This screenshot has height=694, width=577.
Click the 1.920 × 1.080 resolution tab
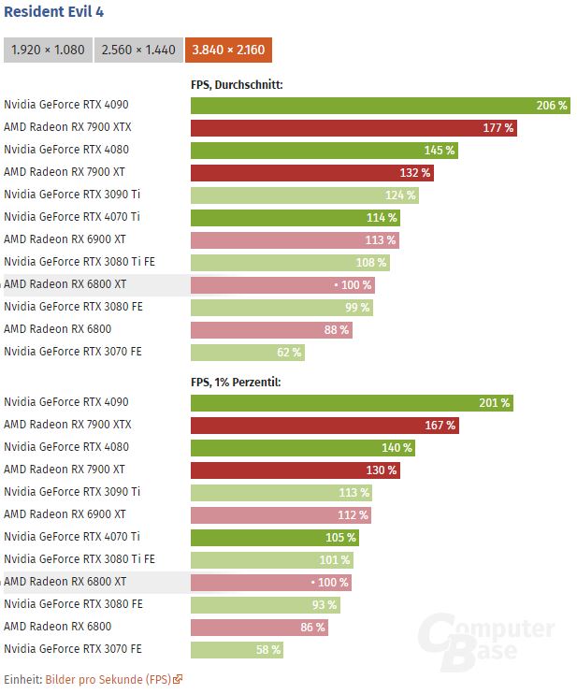(x=48, y=50)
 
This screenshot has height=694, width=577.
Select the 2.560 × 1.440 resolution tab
(x=138, y=50)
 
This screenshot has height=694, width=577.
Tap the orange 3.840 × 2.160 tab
(x=229, y=50)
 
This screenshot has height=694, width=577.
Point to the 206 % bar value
(x=551, y=106)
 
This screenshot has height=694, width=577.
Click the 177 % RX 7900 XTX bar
(x=353, y=128)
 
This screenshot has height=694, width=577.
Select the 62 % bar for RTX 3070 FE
(x=248, y=353)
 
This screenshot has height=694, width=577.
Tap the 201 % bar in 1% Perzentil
(x=352, y=403)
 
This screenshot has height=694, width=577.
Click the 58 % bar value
(x=267, y=650)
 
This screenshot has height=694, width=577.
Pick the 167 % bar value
(x=440, y=426)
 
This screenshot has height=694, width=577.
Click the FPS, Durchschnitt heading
(x=237, y=85)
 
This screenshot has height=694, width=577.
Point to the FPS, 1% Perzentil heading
(x=236, y=383)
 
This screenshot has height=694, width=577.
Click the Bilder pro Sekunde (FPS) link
(x=108, y=680)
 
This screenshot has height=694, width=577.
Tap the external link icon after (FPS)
(x=178, y=680)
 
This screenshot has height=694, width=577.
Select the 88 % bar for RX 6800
(x=271, y=330)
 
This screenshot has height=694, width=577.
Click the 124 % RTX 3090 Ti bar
(x=304, y=195)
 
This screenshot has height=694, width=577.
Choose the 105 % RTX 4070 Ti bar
(x=275, y=538)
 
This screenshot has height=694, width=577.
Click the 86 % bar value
(x=312, y=628)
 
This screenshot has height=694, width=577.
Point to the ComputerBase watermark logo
(x=485, y=642)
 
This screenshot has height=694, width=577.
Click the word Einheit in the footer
(x=22, y=680)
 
